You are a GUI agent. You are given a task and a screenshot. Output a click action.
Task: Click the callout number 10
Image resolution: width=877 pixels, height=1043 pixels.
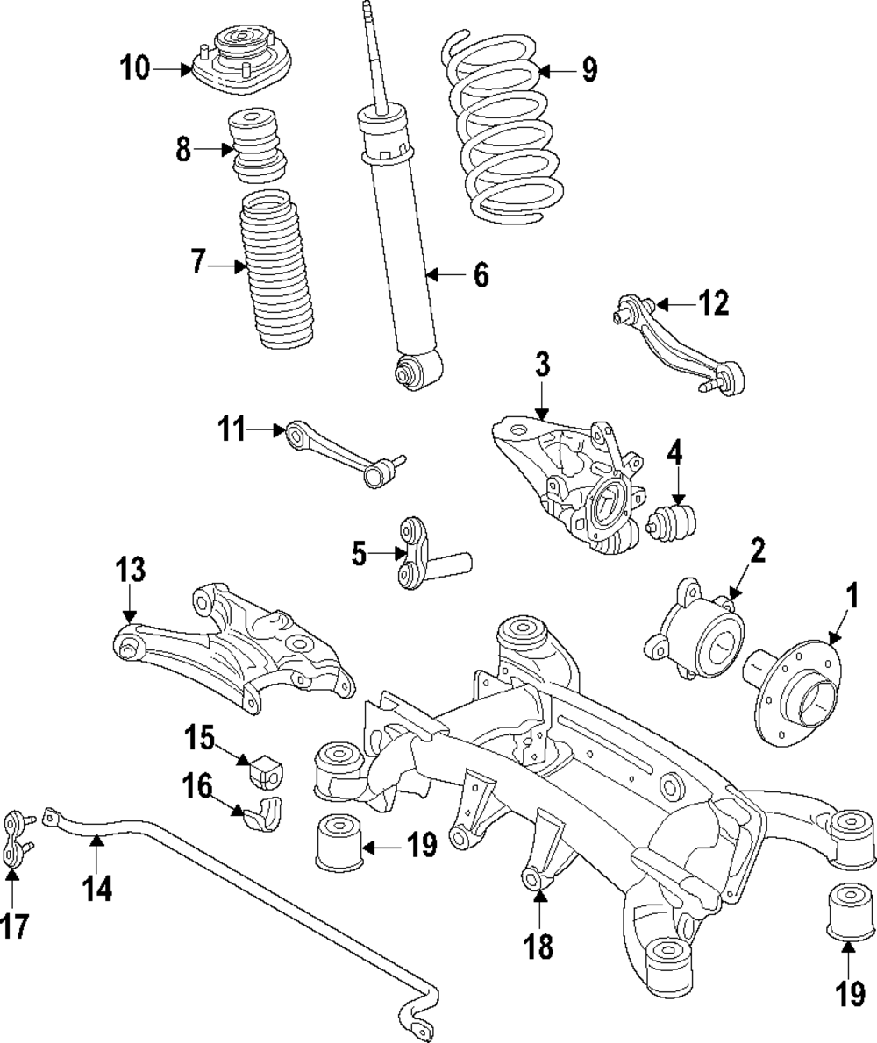pos(135,67)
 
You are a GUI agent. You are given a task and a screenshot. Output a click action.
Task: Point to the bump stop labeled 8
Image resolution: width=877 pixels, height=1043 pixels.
pos(259,145)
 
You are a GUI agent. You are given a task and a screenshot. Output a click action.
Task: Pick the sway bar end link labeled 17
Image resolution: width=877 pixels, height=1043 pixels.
pos(15,840)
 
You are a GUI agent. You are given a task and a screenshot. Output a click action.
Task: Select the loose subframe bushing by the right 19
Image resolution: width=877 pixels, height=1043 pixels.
pos(850,912)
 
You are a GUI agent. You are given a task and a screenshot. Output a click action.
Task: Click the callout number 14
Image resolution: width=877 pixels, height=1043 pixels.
pos(97,889)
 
